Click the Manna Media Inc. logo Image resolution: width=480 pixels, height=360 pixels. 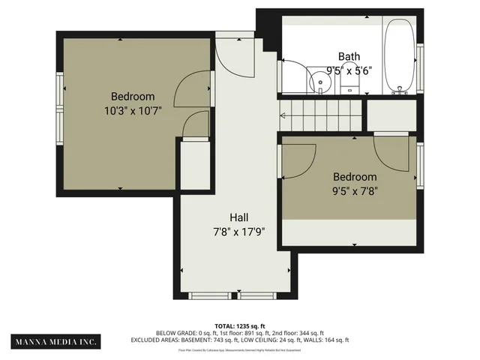(x=55, y=341)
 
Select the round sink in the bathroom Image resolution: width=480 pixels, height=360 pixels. (x=320, y=82)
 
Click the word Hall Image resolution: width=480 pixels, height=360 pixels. (x=239, y=217)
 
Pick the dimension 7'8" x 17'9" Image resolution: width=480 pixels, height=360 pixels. (x=239, y=231)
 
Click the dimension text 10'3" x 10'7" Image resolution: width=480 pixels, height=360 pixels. (x=133, y=110)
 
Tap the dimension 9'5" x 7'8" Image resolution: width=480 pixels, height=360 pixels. (x=355, y=190)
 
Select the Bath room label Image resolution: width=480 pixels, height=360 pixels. (x=349, y=56)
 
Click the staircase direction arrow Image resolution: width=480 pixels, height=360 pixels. (x=283, y=115)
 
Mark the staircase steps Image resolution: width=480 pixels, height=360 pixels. (x=322, y=115)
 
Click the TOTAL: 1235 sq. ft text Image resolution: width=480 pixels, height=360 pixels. (x=239, y=326)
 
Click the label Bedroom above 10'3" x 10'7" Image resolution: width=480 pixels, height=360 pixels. (x=133, y=96)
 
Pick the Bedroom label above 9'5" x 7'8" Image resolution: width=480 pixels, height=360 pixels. (x=355, y=176)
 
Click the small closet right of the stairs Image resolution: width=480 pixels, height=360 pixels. (x=391, y=115)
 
